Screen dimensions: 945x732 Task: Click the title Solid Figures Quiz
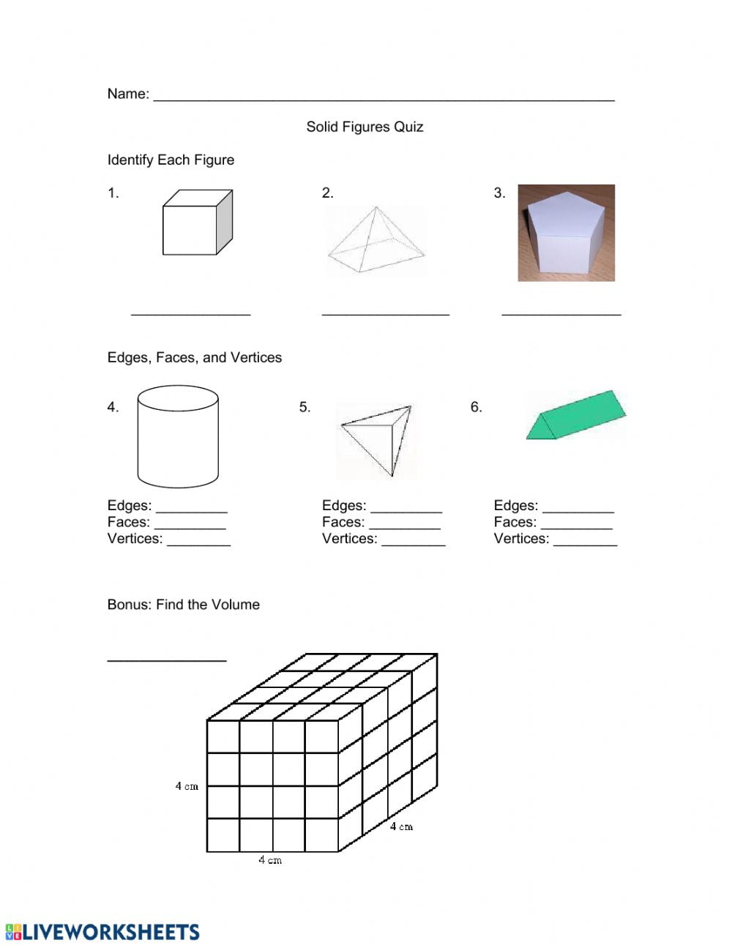click(x=365, y=127)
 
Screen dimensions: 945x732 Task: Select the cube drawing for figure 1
click(x=197, y=223)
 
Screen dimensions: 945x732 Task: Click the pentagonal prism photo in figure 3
click(x=566, y=233)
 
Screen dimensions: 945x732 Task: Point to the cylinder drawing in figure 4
click(x=178, y=436)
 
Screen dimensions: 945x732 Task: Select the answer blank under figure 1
click(x=190, y=313)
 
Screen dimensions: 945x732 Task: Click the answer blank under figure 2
click(x=385, y=313)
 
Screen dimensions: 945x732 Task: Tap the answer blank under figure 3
click(x=561, y=313)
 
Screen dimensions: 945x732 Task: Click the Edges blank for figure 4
click(x=192, y=509)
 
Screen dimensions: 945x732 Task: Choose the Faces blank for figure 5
click(x=405, y=526)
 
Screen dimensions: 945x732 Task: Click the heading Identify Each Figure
click(x=171, y=160)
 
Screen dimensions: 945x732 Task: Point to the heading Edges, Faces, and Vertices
click(x=194, y=357)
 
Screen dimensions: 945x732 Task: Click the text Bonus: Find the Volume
click(x=183, y=605)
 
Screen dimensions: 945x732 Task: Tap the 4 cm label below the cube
click(x=269, y=860)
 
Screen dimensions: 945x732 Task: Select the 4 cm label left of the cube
click(x=187, y=786)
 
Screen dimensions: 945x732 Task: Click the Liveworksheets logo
click(x=102, y=932)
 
